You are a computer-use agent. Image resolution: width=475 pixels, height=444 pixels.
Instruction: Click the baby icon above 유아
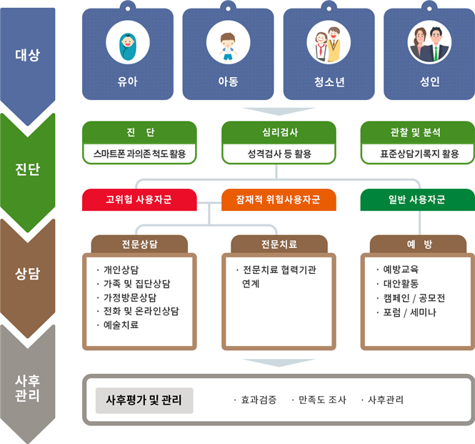pyautogui.click(x=128, y=46)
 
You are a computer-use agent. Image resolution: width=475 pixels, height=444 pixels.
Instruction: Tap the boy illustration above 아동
pyautogui.click(x=228, y=47)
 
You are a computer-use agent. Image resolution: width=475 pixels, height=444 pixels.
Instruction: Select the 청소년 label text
pyautogui.click(x=329, y=82)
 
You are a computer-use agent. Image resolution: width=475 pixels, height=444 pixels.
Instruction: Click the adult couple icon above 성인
pyautogui.click(x=429, y=44)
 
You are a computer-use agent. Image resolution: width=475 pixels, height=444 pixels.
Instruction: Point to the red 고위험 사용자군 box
pyautogui.click(x=139, y=199)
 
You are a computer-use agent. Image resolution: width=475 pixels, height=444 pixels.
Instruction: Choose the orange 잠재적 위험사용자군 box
pyautogui.click(x=279, y=199)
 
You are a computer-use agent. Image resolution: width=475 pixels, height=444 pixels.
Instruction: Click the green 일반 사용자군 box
pyautogui.click(x=417, y=199)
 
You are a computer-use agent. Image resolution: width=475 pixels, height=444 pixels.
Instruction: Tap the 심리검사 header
pyautogui.click(x=279, y=132)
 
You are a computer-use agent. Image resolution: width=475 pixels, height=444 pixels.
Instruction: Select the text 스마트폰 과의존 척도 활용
pyautogui.click(x=139, y=154)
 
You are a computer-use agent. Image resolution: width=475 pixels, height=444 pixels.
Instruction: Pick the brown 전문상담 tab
pyautogui.click(x=139, y=244)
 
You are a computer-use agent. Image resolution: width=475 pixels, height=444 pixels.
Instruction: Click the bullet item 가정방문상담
pyautogui.click(x=130, y=297)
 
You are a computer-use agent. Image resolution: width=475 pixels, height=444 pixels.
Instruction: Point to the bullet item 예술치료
pyautogui.click(x=121, y=325)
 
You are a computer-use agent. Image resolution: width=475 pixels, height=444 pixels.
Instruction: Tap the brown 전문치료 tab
pyautogui.click(x=279, y=244)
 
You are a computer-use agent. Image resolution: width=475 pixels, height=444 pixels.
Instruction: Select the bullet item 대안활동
pyautogui.click(x=401, y=284)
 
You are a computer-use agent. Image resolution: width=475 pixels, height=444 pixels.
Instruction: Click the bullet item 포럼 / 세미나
pyautogui.click(x=409, y=312)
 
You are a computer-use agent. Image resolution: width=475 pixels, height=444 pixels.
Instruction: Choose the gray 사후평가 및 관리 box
pyautogui.click(x=144, y=400)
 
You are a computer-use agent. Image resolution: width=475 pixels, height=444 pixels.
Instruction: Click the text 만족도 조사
pyautogui.click(x=322, y=400)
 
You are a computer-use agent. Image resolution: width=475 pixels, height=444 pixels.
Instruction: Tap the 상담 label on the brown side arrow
pyautogui.click(x=28, y=274)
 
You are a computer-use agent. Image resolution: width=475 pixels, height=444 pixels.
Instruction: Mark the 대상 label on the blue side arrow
pyautogui.click(x=28, y=55)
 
